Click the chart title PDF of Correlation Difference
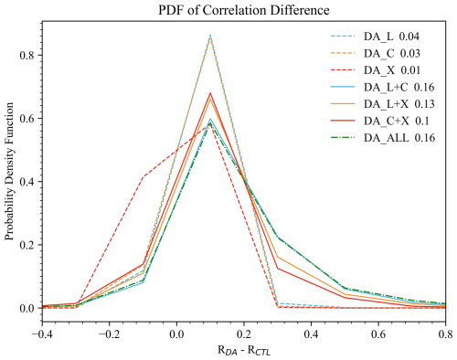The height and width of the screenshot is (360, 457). pyautogui.click(x=244, y=10)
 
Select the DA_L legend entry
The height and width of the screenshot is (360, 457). pyautogui.click(x=375, y=37)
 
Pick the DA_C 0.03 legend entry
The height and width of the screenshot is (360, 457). pyautogui.click(x=376, y=54)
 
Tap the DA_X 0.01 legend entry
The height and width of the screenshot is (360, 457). pyautogui.click(x=376, y=70)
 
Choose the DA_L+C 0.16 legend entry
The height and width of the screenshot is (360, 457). pyautogui.click(x=383, y=88)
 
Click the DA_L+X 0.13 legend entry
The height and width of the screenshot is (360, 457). pyautogui.click(x=383, y=104)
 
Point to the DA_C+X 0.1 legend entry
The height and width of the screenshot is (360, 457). pyautogui.click(x=380, y=122)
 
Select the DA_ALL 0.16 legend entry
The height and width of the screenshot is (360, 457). pyautogui.click(x=383, y=138)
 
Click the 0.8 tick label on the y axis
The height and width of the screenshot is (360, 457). pyautogui.click(x=28, y=56)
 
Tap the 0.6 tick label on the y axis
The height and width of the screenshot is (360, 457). pyautogui.click(x=28, y=119)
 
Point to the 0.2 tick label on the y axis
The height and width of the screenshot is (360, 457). pyautogui.click(x=28, y=245)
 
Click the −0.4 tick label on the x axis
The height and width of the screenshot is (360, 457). pyautogui.click(x=42, y=334)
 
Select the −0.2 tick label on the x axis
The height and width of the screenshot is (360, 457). pyautogui.click(x=109, y=334)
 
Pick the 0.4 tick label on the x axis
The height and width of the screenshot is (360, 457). pyautogui.click(x=311, y=334)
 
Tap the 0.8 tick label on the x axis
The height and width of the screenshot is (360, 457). pyautogui.click(x=445, y=334)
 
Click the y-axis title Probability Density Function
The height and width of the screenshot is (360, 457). pyautogui.click(x=9, y=172)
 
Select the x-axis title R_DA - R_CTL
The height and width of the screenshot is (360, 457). pyautogui.click(x=244, y=350)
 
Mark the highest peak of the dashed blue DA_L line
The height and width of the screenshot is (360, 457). pyautogui.click(x=210, y=36)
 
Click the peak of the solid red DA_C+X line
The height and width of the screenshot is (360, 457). pyautogui.click(x=210, y=93)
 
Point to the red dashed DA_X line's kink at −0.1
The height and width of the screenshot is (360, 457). pyautogui.click(x=143, y=176)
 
